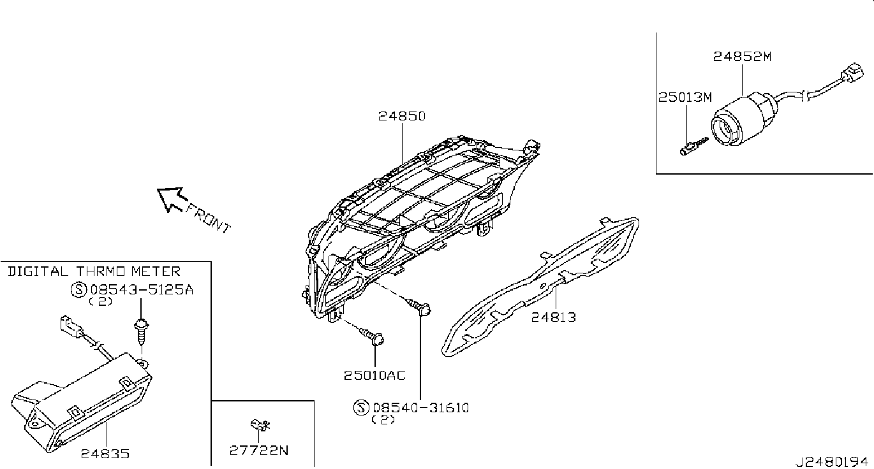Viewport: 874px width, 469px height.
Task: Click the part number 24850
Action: (401, 117)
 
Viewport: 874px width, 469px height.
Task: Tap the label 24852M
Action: (742, 56)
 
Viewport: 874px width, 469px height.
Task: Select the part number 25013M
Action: (685, 97)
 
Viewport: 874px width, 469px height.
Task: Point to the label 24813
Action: (554, 316)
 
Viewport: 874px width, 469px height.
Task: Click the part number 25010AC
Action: (374, 375)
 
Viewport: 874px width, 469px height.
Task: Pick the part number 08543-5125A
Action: (140, 290)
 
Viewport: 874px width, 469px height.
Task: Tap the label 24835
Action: (105, 454)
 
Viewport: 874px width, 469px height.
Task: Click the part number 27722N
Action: (259, 451)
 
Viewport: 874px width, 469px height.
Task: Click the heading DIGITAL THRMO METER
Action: (94, 271)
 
